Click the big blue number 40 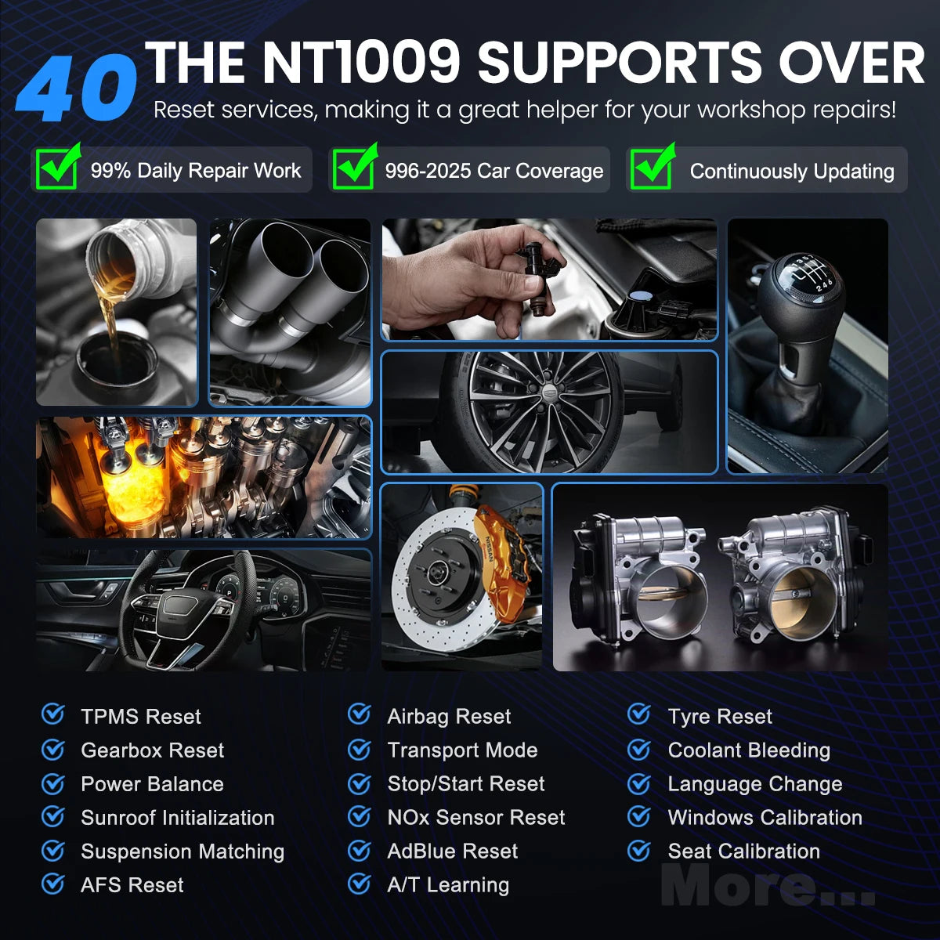coord(77,88)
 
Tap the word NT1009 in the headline coord(361,62)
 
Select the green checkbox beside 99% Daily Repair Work coord(58,166)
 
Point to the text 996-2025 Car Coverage coord(494,171)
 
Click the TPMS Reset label coord(140,717)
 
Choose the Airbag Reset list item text coord(449,717)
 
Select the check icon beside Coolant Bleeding coord(639,750)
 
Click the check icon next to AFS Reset coord(53,884)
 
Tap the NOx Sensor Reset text coord(476,817)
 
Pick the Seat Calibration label coord(744,851)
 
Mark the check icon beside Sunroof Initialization coord(53,816)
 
